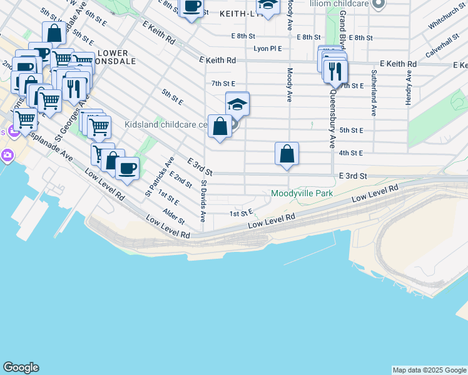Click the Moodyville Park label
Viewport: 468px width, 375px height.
tap(302, 194)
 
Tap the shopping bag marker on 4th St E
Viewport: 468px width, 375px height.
tap(287, 154)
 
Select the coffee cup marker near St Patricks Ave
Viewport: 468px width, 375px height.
tap(127, 169)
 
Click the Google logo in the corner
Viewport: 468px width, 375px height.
tap(21, 367)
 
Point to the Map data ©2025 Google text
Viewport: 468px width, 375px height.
tap(429, 370)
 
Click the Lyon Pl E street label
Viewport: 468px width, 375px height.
tap(267, 48)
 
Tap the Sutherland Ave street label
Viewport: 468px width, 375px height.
tap(374, 93)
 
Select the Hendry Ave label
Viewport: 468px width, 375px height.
tap(409, 87)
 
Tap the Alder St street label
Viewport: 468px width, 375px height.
tap(174, 217)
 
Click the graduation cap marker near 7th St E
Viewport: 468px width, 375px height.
tap(237, 104)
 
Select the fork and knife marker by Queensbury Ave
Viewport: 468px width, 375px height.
tap(335, 70)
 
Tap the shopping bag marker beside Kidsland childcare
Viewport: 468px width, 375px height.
tap(220, 127)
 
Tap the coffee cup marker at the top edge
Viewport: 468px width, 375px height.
tap(191, 7)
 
